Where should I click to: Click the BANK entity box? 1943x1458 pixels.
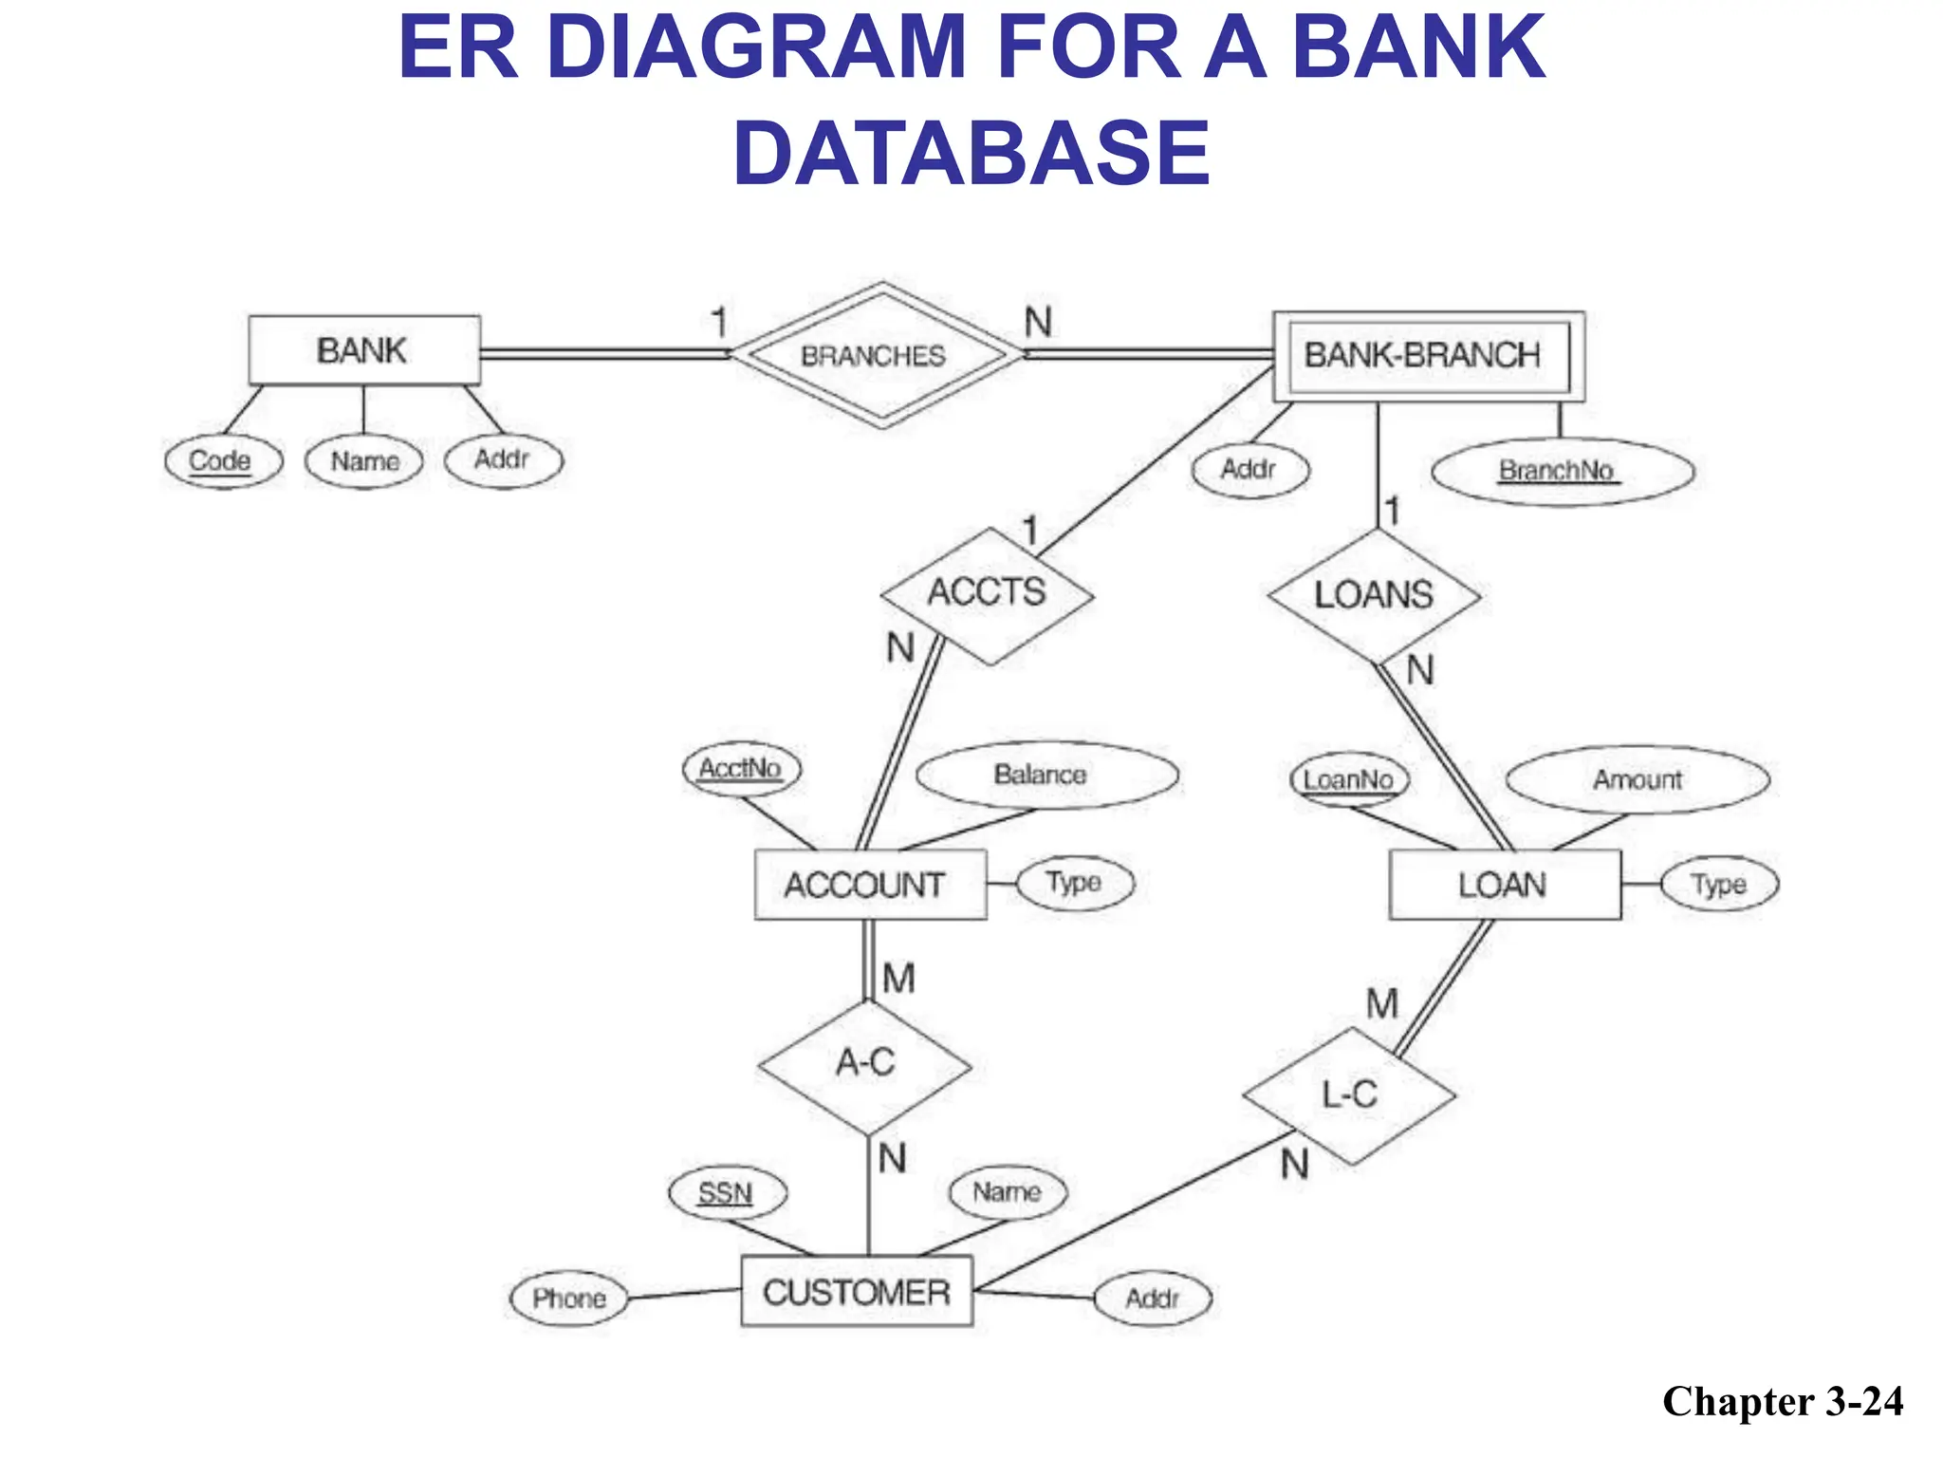363,350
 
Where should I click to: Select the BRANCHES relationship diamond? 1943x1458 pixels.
875,355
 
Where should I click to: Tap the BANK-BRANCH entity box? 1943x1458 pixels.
1428,355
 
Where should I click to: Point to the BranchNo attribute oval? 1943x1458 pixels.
1561,471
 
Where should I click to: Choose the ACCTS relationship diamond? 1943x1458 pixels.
987,594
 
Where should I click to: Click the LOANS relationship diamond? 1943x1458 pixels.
1373,595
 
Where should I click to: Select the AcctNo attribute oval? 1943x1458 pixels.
741,768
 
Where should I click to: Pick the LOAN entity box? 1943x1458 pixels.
1504,885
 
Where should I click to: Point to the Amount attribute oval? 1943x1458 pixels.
1637,780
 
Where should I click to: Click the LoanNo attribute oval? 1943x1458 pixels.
1349,780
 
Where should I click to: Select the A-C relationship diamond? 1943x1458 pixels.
864,1064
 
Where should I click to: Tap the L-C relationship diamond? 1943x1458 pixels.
1348,1095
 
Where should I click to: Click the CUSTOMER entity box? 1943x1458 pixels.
856,1292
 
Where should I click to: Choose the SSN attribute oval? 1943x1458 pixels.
727,1193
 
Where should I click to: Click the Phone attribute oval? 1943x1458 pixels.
569,1299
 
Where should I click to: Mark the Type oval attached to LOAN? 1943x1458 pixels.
1718,885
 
